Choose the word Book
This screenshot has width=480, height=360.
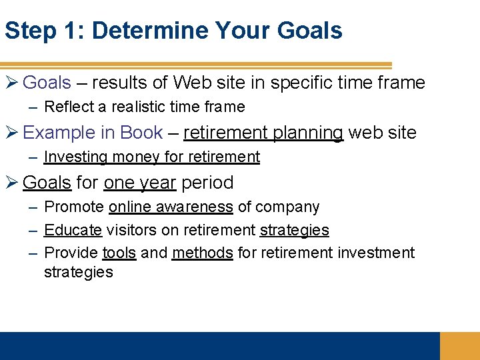tap(141, 133)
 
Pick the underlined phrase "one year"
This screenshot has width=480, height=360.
tap(140, 183)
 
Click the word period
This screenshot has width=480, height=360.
tap(207, 183)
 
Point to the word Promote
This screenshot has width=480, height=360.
tap(74, 207)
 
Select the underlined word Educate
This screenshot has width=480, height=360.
tap(73, 230)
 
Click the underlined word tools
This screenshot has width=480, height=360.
tap(119, 253)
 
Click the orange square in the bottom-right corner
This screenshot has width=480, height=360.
tap(460, 346)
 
